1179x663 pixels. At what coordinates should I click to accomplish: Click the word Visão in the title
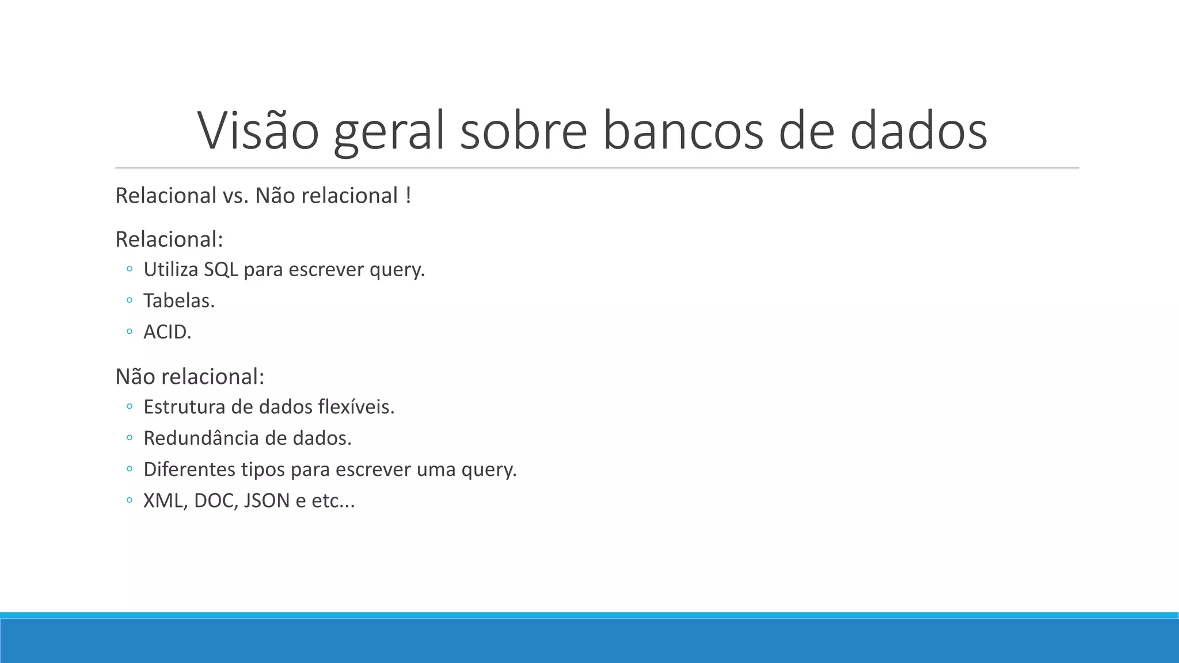pos(258,131)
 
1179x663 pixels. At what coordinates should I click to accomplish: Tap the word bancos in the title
pos(683,131)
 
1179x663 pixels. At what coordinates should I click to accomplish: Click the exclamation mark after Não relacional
pos(408,196)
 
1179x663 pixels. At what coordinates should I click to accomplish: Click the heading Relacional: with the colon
pos(169,239)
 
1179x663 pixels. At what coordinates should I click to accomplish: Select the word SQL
pos(220,269)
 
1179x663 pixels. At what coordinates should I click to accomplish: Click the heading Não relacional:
pos(190,377)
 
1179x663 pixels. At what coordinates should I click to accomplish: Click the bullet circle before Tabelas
pos(130,300)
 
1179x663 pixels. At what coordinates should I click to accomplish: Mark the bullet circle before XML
pos(130,501)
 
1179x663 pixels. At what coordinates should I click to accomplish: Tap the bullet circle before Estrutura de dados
pos(130,407)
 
